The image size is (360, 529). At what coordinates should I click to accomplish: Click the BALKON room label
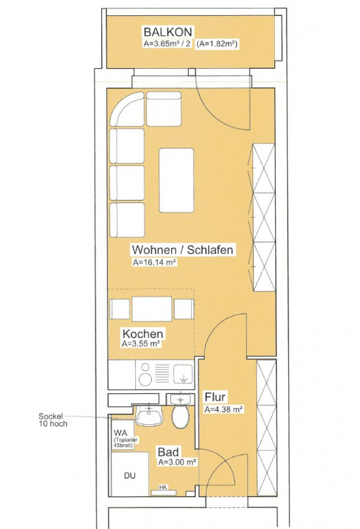pos(168,32)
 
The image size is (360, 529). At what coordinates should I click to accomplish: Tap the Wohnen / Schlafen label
pos(182,250)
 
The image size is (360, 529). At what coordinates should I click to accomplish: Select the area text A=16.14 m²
pos(155,262)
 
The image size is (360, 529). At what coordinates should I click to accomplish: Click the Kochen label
pos(143,334)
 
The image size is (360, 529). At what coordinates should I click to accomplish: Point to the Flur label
pos(215,397)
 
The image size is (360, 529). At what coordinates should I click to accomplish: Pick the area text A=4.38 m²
pos(224,410)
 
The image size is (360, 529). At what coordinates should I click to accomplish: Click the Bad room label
pos(168,452)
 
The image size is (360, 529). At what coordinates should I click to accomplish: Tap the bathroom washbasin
pos(149,415)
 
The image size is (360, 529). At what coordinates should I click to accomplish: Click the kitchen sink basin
pos(183,374)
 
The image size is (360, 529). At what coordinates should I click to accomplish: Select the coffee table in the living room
pos(176,180)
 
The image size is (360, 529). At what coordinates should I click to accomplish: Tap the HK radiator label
pos(163,487)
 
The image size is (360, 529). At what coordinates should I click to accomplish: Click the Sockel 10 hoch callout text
pos(53,420)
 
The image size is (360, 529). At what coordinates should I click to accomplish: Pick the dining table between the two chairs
pos(151,309)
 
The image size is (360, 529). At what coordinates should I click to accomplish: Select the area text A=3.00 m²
pos(177,462)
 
